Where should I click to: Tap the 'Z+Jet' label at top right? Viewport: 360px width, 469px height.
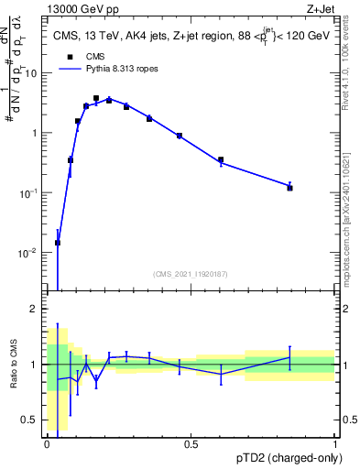[323, 8]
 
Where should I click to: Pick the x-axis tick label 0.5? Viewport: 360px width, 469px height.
[191, 444]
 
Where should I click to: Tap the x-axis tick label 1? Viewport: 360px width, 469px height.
[335, 444]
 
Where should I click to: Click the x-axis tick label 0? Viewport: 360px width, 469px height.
[47, 444]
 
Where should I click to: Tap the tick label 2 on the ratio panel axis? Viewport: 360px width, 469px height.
[37, 310]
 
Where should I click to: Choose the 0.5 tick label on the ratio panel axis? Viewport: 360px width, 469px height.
[32, 420]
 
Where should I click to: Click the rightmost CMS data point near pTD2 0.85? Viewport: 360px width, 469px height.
[289, 187]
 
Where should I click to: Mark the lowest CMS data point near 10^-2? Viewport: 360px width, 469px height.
[58, 243]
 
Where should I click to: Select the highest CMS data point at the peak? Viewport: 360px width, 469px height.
[96, 98]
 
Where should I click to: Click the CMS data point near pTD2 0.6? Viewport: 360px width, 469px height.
[221, 160]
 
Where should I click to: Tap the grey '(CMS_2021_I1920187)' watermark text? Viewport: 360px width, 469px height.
[190, 273]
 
